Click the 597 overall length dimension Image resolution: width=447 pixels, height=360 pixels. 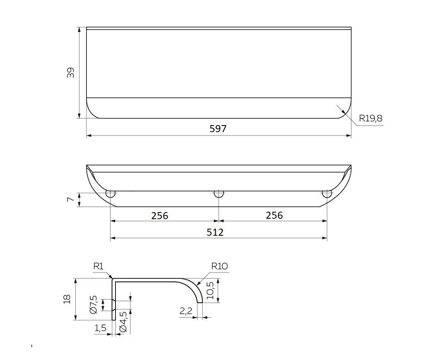click(218, 129)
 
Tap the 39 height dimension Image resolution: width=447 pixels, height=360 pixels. click(70, 72)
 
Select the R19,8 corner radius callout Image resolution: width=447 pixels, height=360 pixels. click(370, 118)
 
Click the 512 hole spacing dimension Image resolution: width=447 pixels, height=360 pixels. click(215, 232)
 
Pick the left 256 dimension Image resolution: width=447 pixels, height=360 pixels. click(160, 216)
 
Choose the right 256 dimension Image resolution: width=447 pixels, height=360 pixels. click(274, 215)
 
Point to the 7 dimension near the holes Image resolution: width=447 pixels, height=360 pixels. click(70, 199)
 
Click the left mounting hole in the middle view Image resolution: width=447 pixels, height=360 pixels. click(111, 194)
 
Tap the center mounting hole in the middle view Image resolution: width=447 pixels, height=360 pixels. click(219, 194)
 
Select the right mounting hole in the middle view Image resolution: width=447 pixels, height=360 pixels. click(327, 194)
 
